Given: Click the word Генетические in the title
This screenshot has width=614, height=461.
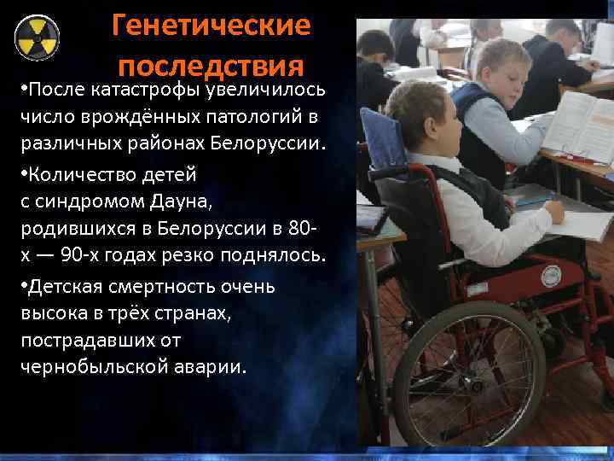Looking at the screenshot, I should (x=211, y=26).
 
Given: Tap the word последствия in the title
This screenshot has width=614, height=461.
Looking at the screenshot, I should (x=211, y=66).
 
